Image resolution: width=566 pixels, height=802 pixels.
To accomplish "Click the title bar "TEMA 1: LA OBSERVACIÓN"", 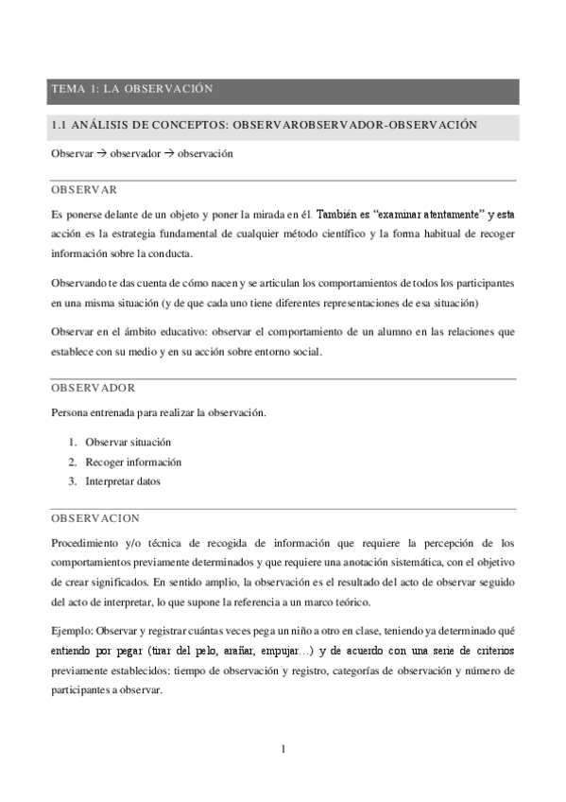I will click(x=131, y=90).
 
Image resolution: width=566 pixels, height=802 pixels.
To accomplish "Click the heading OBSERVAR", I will click(x=84, y=189).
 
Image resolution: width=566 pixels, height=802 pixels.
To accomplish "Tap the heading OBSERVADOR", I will click(x=94, y=388).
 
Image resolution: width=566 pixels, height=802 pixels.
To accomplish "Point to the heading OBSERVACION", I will click(x=95, y=518).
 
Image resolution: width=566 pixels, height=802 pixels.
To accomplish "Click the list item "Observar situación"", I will click(x=128, y=443).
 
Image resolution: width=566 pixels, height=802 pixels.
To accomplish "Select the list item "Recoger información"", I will click(x=132, y=462).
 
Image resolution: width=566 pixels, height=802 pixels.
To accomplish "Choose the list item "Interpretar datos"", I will click(x=123, y=480).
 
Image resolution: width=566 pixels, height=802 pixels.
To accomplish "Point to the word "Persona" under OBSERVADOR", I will click(x=69, y=412).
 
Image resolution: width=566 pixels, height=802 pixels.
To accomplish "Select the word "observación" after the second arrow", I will click(x=205, y=152).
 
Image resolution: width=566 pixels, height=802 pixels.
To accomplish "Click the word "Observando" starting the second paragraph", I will click(x=78, y=284).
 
